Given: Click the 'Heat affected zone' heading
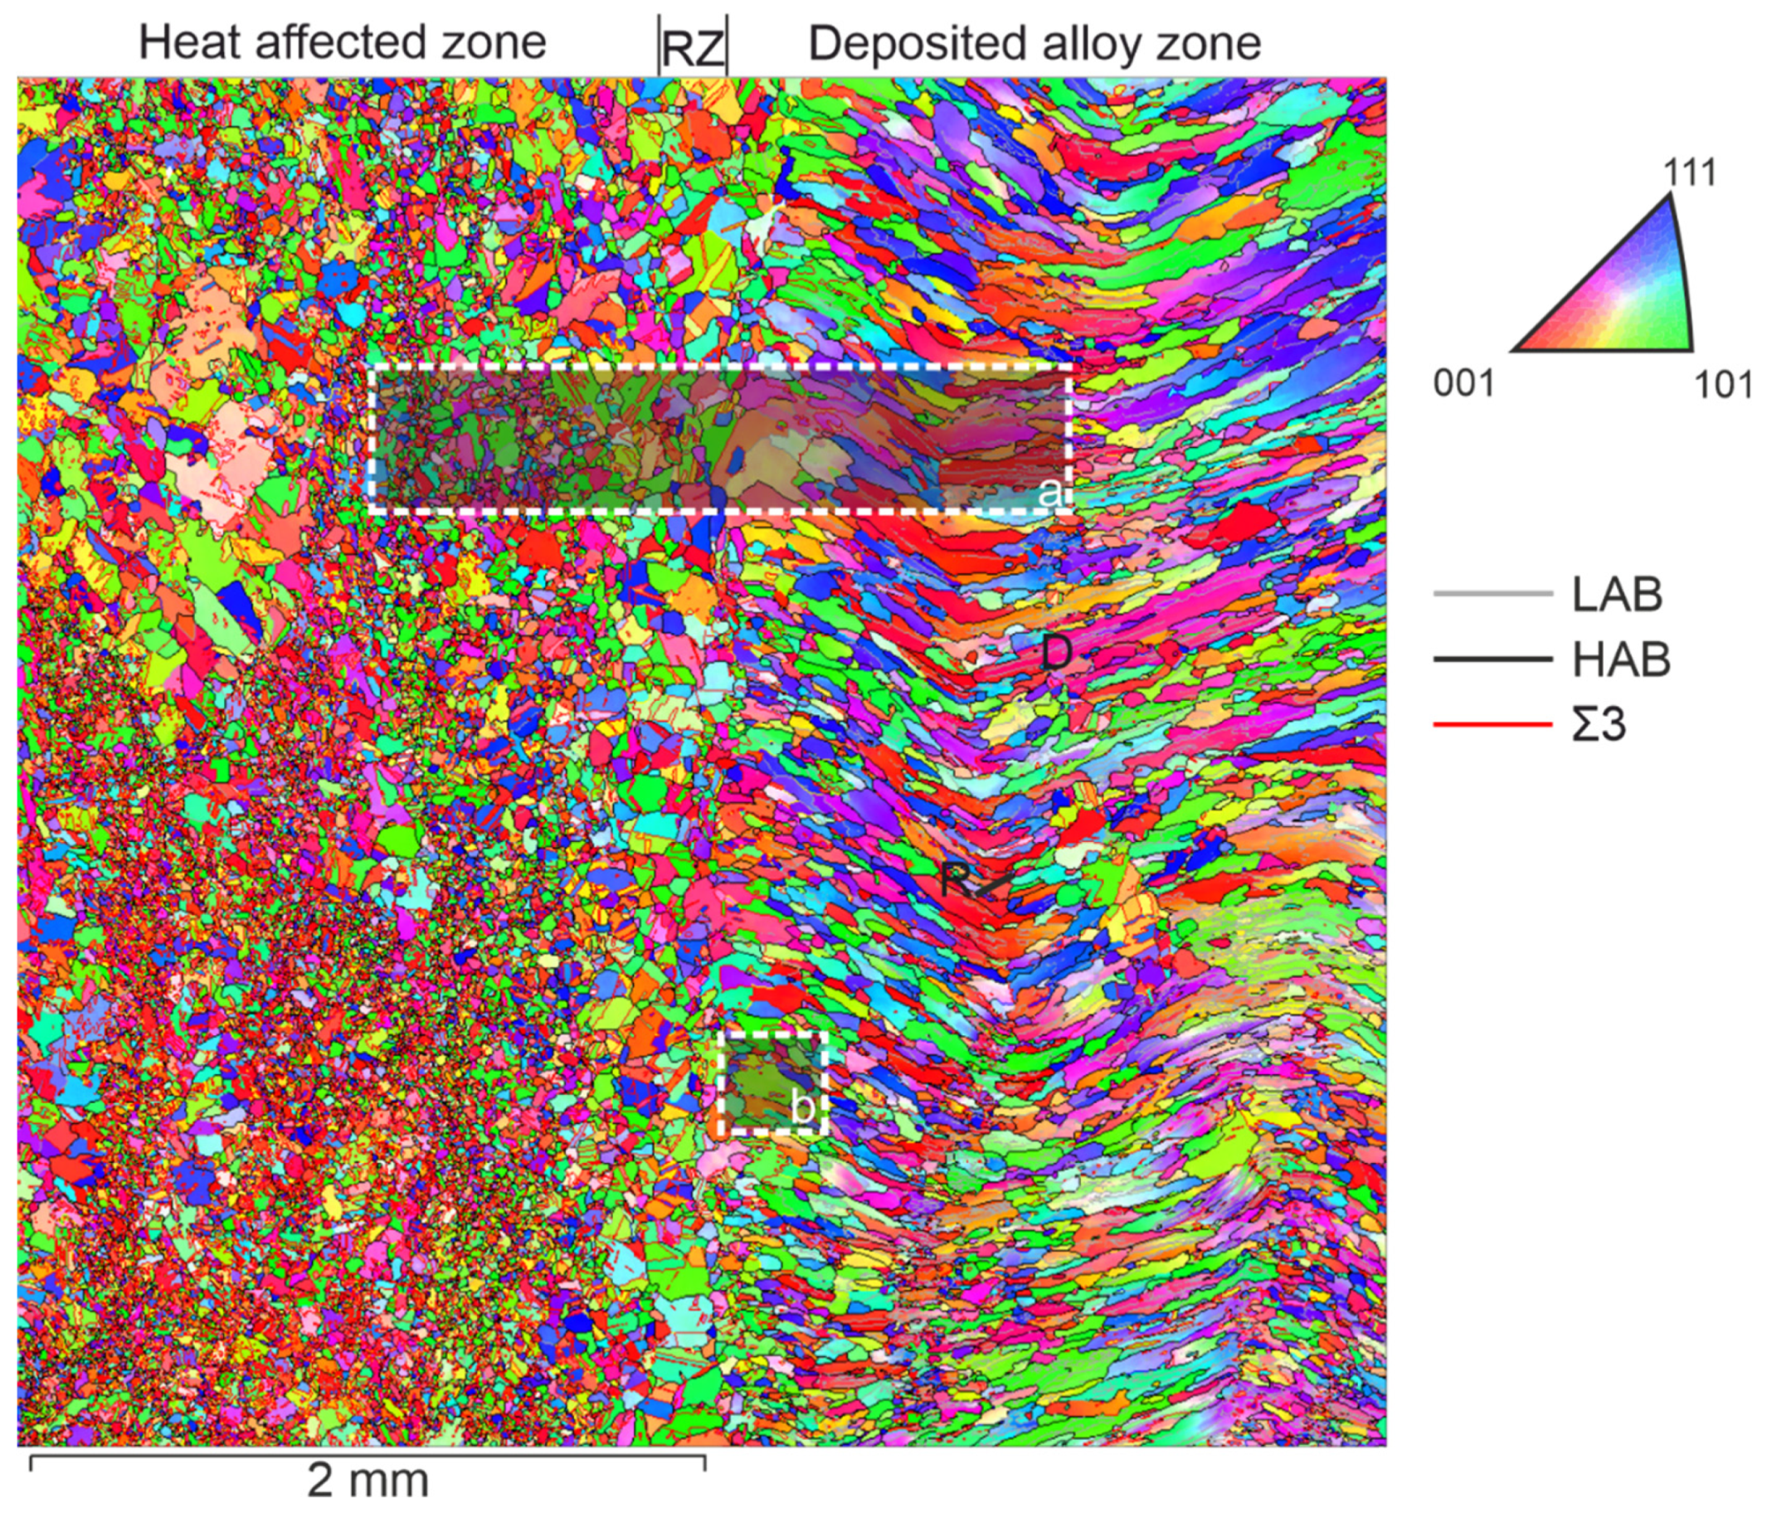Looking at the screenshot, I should (x=342, y=42).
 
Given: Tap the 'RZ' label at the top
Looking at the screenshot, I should (x=692, y=50).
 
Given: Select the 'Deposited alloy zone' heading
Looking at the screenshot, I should (x=1034, y=42).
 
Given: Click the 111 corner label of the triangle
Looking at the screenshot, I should (x=1689, y=174).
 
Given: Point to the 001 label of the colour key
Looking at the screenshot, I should (x=1463, y=384).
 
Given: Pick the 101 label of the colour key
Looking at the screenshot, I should (x=1722, y=386).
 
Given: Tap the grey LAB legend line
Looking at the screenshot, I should (x=1492, y=594).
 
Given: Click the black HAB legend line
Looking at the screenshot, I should (x=1492, y=659).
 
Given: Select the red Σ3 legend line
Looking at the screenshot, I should (x=1492, y=725).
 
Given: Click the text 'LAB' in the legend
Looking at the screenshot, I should (x=1617, y=595).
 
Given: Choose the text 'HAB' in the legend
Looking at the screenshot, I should (x=1620, y=660).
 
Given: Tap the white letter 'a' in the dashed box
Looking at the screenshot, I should (x=1049, y=491).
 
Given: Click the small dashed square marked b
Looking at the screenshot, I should (x=773, y=1083).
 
